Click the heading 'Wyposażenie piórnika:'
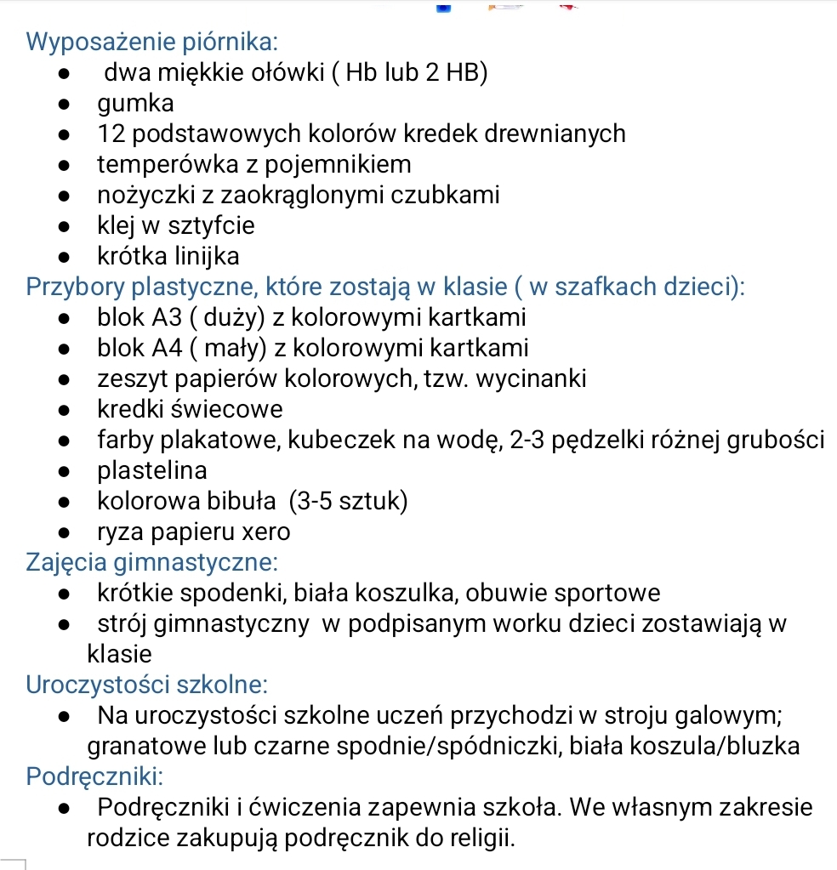151,42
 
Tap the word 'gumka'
136,104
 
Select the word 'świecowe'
226,410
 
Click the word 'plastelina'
152,471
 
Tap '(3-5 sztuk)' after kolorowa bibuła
349,502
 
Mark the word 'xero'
266,532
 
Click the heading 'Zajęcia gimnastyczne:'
152,563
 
